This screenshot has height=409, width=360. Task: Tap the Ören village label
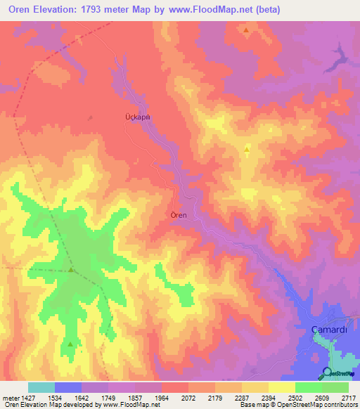179,215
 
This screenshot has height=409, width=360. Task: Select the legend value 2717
349,397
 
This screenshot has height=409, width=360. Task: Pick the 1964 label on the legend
162,397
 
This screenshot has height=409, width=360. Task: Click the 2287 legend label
242,397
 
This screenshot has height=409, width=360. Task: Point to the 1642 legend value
82,397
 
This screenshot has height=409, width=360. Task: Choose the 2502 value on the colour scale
295,397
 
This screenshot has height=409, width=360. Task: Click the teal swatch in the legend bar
41,387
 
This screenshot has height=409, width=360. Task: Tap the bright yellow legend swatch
281,387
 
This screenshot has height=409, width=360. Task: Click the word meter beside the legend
9,397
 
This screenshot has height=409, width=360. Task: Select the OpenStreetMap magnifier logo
326,373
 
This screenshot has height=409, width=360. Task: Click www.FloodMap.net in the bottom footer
135,405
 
